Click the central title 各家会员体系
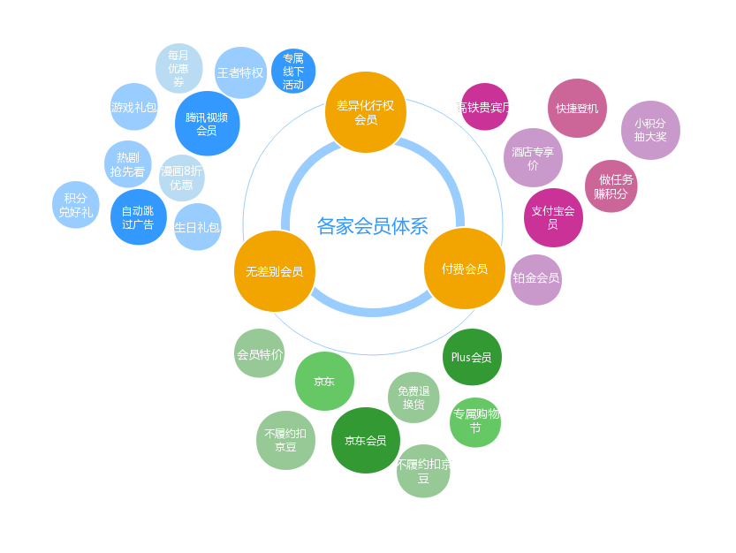(x=372, y=226)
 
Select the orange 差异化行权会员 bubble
(x=365, y=111)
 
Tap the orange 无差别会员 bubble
(x=274, y=271)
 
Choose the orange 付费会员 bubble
(x=465, y=269)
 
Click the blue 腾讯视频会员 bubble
(x=207, y=123)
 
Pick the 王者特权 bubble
(x=240, y=72)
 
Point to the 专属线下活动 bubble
(x=293, y=72)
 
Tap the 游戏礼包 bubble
(x=134, y=107)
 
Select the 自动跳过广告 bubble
(x=138, y=217)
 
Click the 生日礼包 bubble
(x=197, y=227)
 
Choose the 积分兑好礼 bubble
(x=76, y=205)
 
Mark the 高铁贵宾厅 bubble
(x=484, y=107)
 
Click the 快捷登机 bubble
(x=577, y=108)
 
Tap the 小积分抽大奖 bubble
(x=650, y=130)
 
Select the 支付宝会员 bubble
(x=553, y=217)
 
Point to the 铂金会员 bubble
(x=536, y=279)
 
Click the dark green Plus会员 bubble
(x=472, y=357)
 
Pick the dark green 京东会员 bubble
(x=365, y=440)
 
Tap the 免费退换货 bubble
(x=414, y=398)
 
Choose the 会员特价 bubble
(x=260, y=353)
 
